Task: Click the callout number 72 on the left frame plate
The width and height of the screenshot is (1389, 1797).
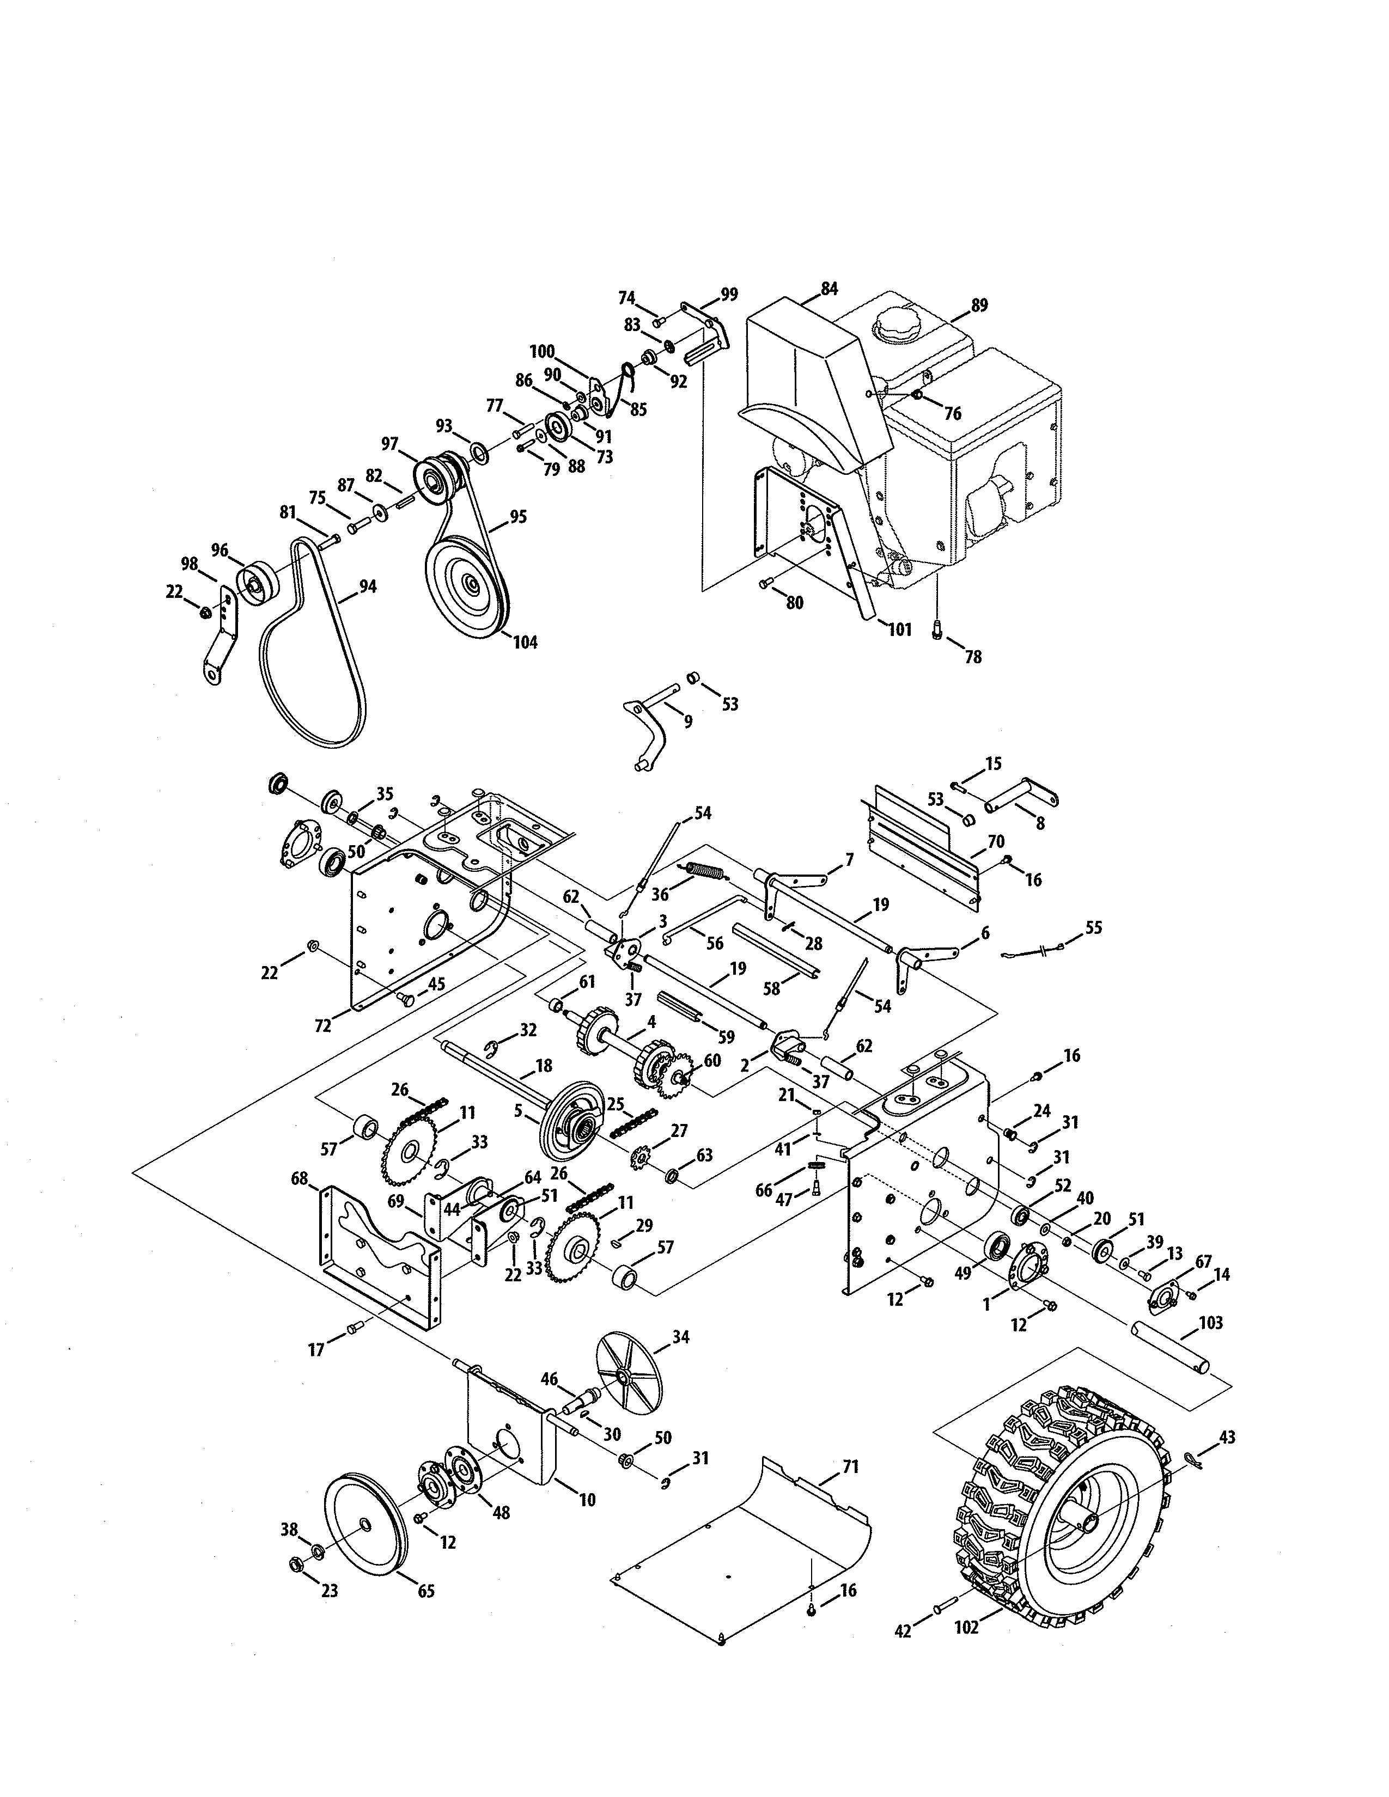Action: coord(322,1025)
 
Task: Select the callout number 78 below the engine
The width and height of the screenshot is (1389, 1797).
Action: coord(973,657)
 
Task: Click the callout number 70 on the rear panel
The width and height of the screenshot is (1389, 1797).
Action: coord(996,842)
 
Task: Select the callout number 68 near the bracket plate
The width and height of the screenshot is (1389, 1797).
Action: coord(298,1179)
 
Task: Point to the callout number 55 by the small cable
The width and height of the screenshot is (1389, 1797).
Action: coord(1093,928)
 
